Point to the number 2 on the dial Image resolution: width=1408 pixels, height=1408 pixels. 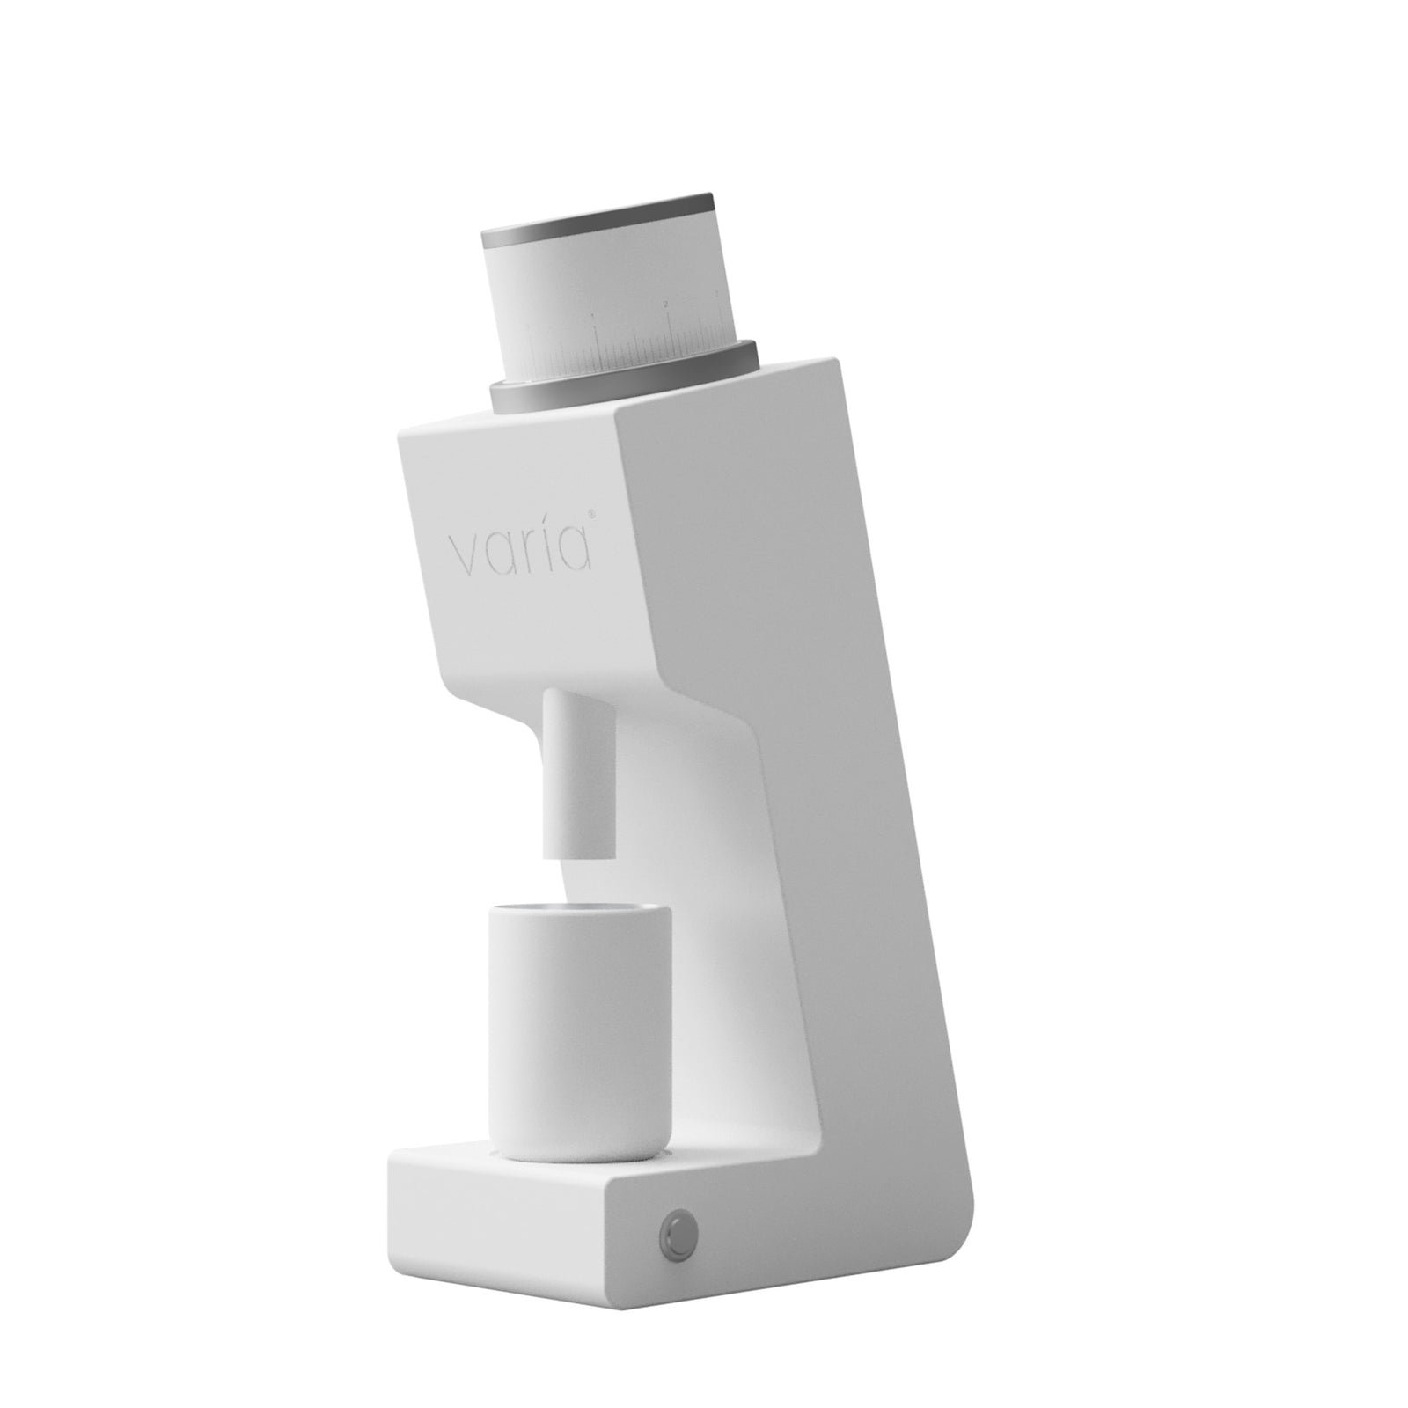(666, 304)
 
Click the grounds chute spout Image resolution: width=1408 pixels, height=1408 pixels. (578, 757)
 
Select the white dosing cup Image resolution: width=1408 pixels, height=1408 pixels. (580, 1038)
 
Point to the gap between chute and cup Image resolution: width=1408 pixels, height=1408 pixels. (578, 880)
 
